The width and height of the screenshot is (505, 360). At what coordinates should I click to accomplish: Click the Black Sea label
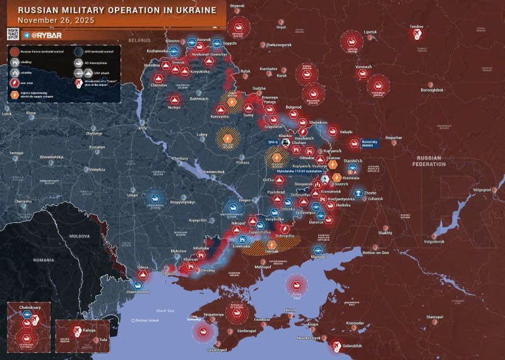click(x=164, y=310)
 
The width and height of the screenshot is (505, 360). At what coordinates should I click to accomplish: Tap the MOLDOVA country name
click(x=80, y=235)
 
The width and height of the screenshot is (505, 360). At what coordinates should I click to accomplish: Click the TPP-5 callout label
click(x=272, y=142)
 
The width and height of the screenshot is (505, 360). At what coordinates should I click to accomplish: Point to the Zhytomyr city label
click(x=93, y=134)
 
